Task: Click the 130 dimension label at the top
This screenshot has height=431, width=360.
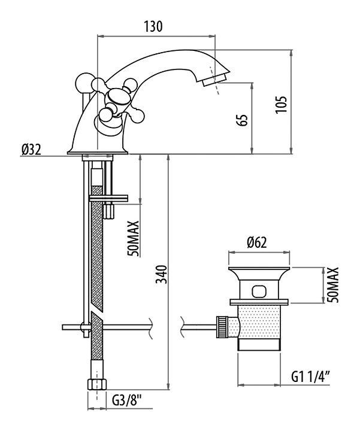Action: coord(153,26)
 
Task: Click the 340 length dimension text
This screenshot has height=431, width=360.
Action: coord(158,275)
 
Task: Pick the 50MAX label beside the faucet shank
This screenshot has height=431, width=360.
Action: coord(134,238)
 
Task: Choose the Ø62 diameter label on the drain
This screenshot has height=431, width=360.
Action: coord(256,242)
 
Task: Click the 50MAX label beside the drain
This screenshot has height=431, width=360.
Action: coord(334,285)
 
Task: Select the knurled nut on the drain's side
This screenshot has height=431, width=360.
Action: coord(223,326)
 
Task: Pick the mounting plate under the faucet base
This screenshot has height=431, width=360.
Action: coord(109,197)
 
